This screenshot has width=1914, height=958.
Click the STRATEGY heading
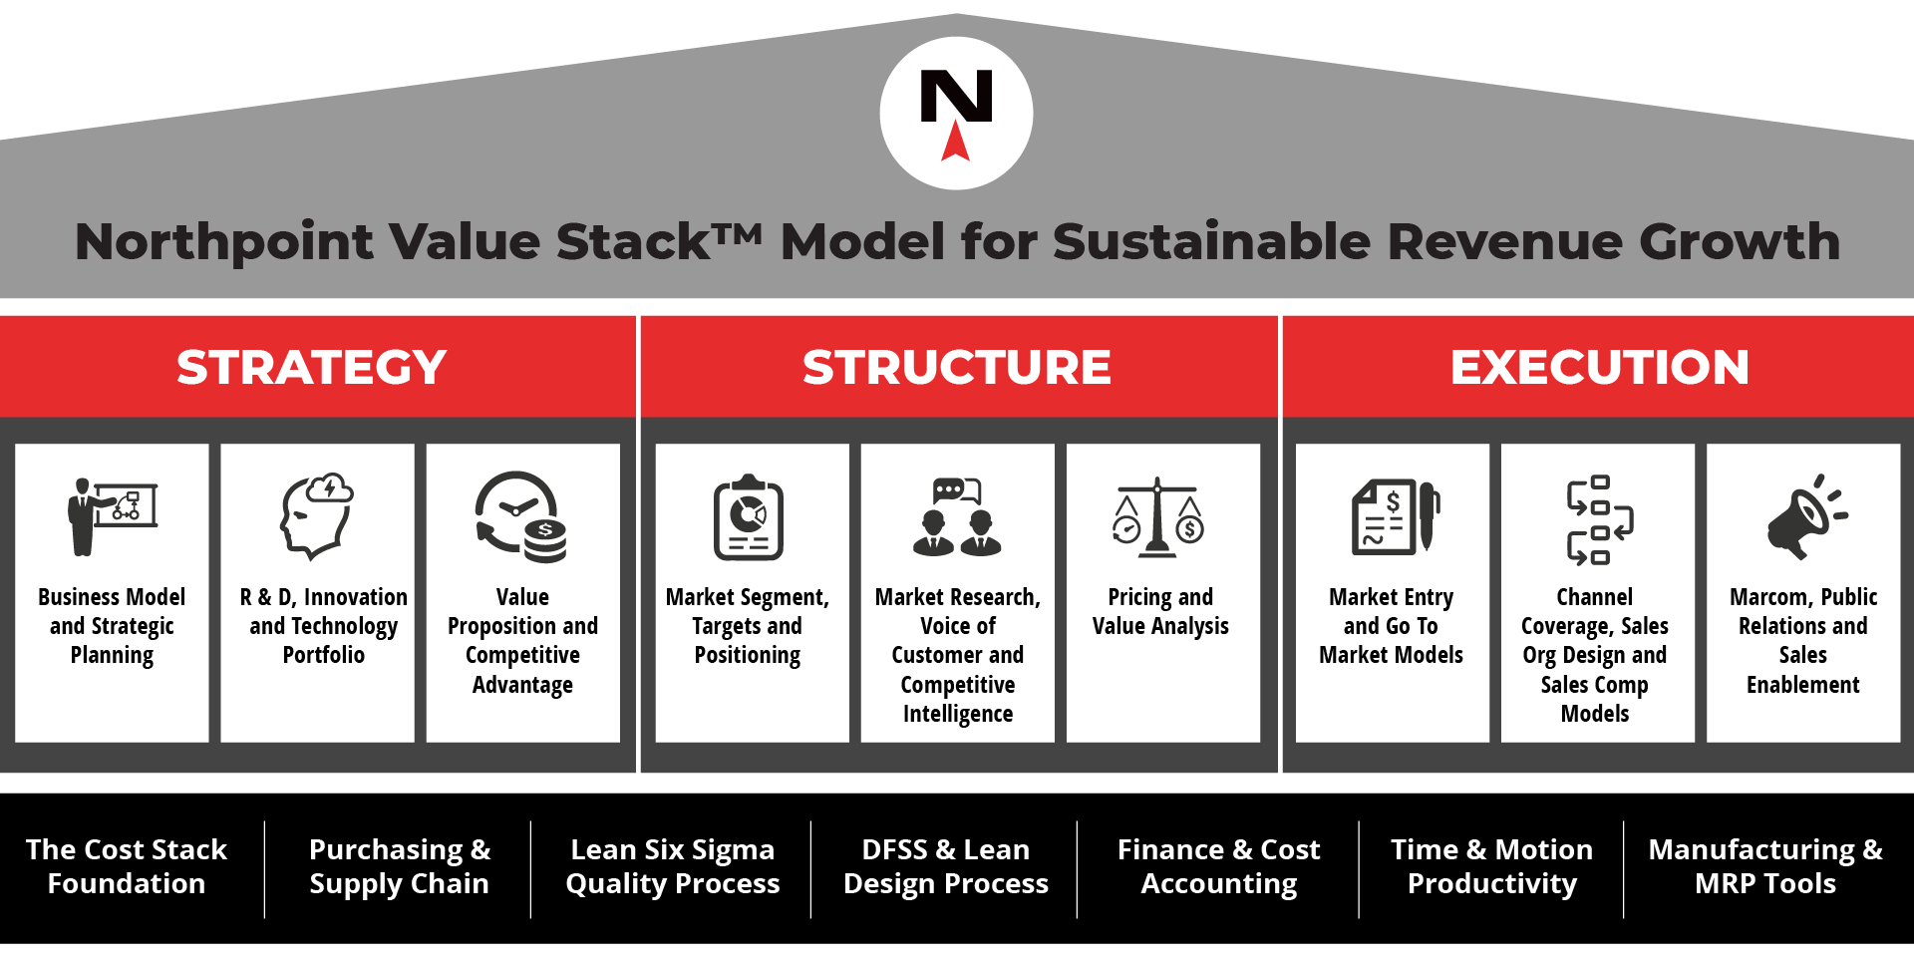coord(312,367)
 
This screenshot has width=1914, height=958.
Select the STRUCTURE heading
coord(957,367)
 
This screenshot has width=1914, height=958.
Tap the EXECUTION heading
coord(1600,367)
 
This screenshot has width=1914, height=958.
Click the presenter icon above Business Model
coord(113,516)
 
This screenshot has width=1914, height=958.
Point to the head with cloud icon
coord(317,515)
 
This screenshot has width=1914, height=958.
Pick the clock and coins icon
coord(521,516)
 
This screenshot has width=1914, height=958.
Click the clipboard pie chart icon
coord(749,516)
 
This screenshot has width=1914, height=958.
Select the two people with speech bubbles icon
coord(957,516)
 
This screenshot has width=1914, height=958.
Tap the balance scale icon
coord(1157,516)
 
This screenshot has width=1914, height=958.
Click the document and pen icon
coord(1396,516)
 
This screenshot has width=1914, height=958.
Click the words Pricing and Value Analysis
coord(1160,611)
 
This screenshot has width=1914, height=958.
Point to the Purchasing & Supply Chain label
coord(399,866)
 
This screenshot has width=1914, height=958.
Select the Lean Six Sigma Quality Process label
coord(673,866)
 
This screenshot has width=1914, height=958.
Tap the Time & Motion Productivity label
coord(1492,866)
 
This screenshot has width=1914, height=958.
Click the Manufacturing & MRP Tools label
coord(1765,866)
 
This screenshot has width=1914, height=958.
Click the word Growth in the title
coord(1740,241)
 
